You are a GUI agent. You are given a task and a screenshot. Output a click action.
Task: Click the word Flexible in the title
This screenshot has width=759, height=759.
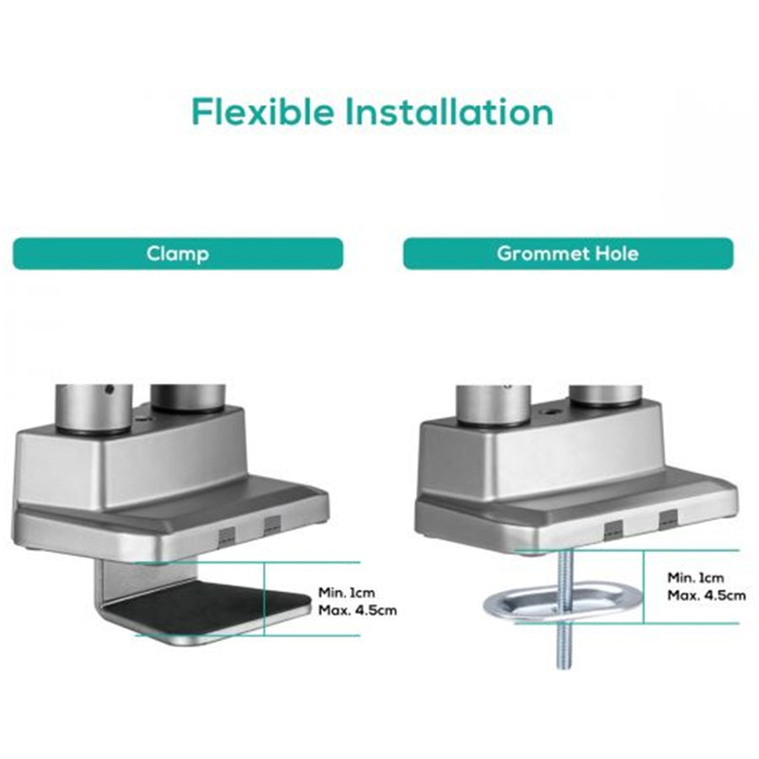pyautogui.click(x=262, y=111)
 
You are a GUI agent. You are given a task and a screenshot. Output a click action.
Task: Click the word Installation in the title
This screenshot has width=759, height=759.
pyautogui.click(x=449, y=111)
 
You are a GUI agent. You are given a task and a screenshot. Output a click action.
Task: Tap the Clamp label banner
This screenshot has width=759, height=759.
pyautogui.click(x=178, y=253)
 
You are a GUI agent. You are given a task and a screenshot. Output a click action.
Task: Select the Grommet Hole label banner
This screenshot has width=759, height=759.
pyautogui.click(x=568, y=253)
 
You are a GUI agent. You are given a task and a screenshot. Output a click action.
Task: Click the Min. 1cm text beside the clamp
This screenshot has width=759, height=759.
pyautogui.click(x=346, y=593)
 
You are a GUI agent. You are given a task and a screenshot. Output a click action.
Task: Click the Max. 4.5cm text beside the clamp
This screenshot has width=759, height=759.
pyautogui.click(x=358, y=610)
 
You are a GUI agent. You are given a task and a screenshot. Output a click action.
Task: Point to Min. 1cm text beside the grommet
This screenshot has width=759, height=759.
pyautogui.click(x=696, y=578)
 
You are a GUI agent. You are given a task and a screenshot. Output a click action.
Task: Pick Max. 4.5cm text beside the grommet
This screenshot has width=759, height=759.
pyautogui.click(x=707, y=595)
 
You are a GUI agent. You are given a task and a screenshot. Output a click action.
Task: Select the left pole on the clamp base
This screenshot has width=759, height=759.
pyautogui.click(x=94, y=407)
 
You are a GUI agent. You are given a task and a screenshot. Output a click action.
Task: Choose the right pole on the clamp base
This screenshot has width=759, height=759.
pyautogui.click(x=188, y=398)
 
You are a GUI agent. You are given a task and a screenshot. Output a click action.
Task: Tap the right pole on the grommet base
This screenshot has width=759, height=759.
pyautogui.click(x=606, y=396)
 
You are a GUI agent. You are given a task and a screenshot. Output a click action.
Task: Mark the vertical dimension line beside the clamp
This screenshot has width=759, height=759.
pyautogui.click(x=264, y=599)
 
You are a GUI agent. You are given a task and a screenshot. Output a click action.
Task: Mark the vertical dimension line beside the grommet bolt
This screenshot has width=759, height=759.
pyautogui.click(x=643, y=586)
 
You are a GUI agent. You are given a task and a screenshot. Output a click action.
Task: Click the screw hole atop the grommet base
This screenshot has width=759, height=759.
pyautogui.click(x=551, y=412)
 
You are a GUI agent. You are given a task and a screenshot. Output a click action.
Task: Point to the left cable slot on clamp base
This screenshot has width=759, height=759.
pyautogui.click(x=227, y=536)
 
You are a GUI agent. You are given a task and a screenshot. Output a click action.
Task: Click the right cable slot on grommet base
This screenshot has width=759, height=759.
pyautogui.click(x=668, y=518)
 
